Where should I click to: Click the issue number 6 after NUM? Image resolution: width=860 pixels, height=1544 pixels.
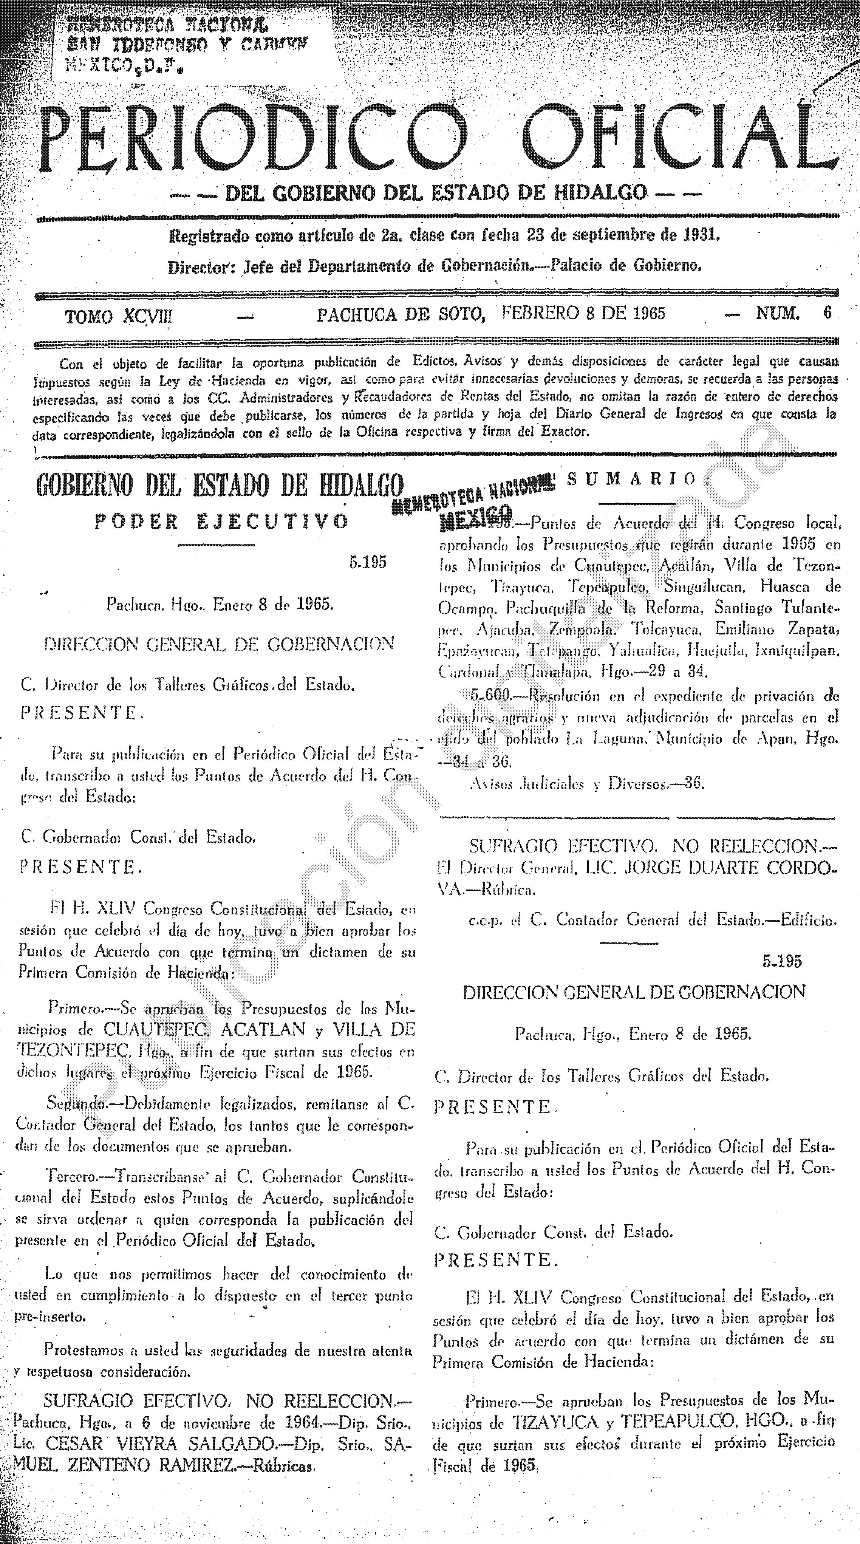click(828, 313)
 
